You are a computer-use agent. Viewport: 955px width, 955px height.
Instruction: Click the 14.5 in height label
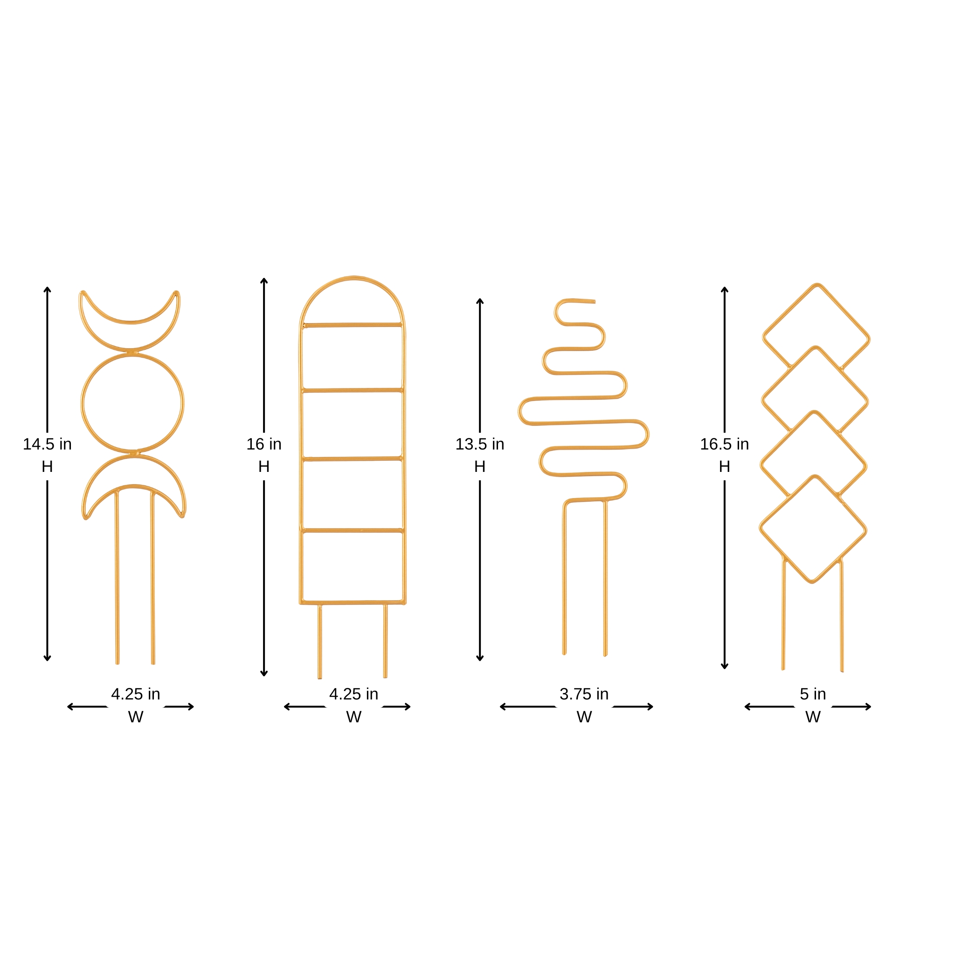[x=48, y=444]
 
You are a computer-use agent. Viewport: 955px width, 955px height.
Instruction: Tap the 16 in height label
[x=264, y=444]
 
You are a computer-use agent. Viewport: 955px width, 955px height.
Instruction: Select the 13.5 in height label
[x=479, y=444]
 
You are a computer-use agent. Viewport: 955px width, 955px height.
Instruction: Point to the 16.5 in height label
[x=724, y=444]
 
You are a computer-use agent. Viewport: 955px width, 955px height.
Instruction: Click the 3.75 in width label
[x=584, y=694]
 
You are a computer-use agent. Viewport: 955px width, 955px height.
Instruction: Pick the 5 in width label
[x=813, y=694]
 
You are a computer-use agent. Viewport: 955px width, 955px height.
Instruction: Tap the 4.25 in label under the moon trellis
[x=135, y=694]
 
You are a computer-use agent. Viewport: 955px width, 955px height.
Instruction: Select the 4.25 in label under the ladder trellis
[x=353, y=694]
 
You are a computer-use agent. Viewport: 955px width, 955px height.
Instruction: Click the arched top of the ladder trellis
[x=353, y=279]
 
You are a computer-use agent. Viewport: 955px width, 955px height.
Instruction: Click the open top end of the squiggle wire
[x=594, y=301]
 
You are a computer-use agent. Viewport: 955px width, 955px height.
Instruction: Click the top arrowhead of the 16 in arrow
[x=264, y=280]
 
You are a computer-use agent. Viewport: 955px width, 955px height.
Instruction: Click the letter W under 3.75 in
[x=584, y=717]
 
